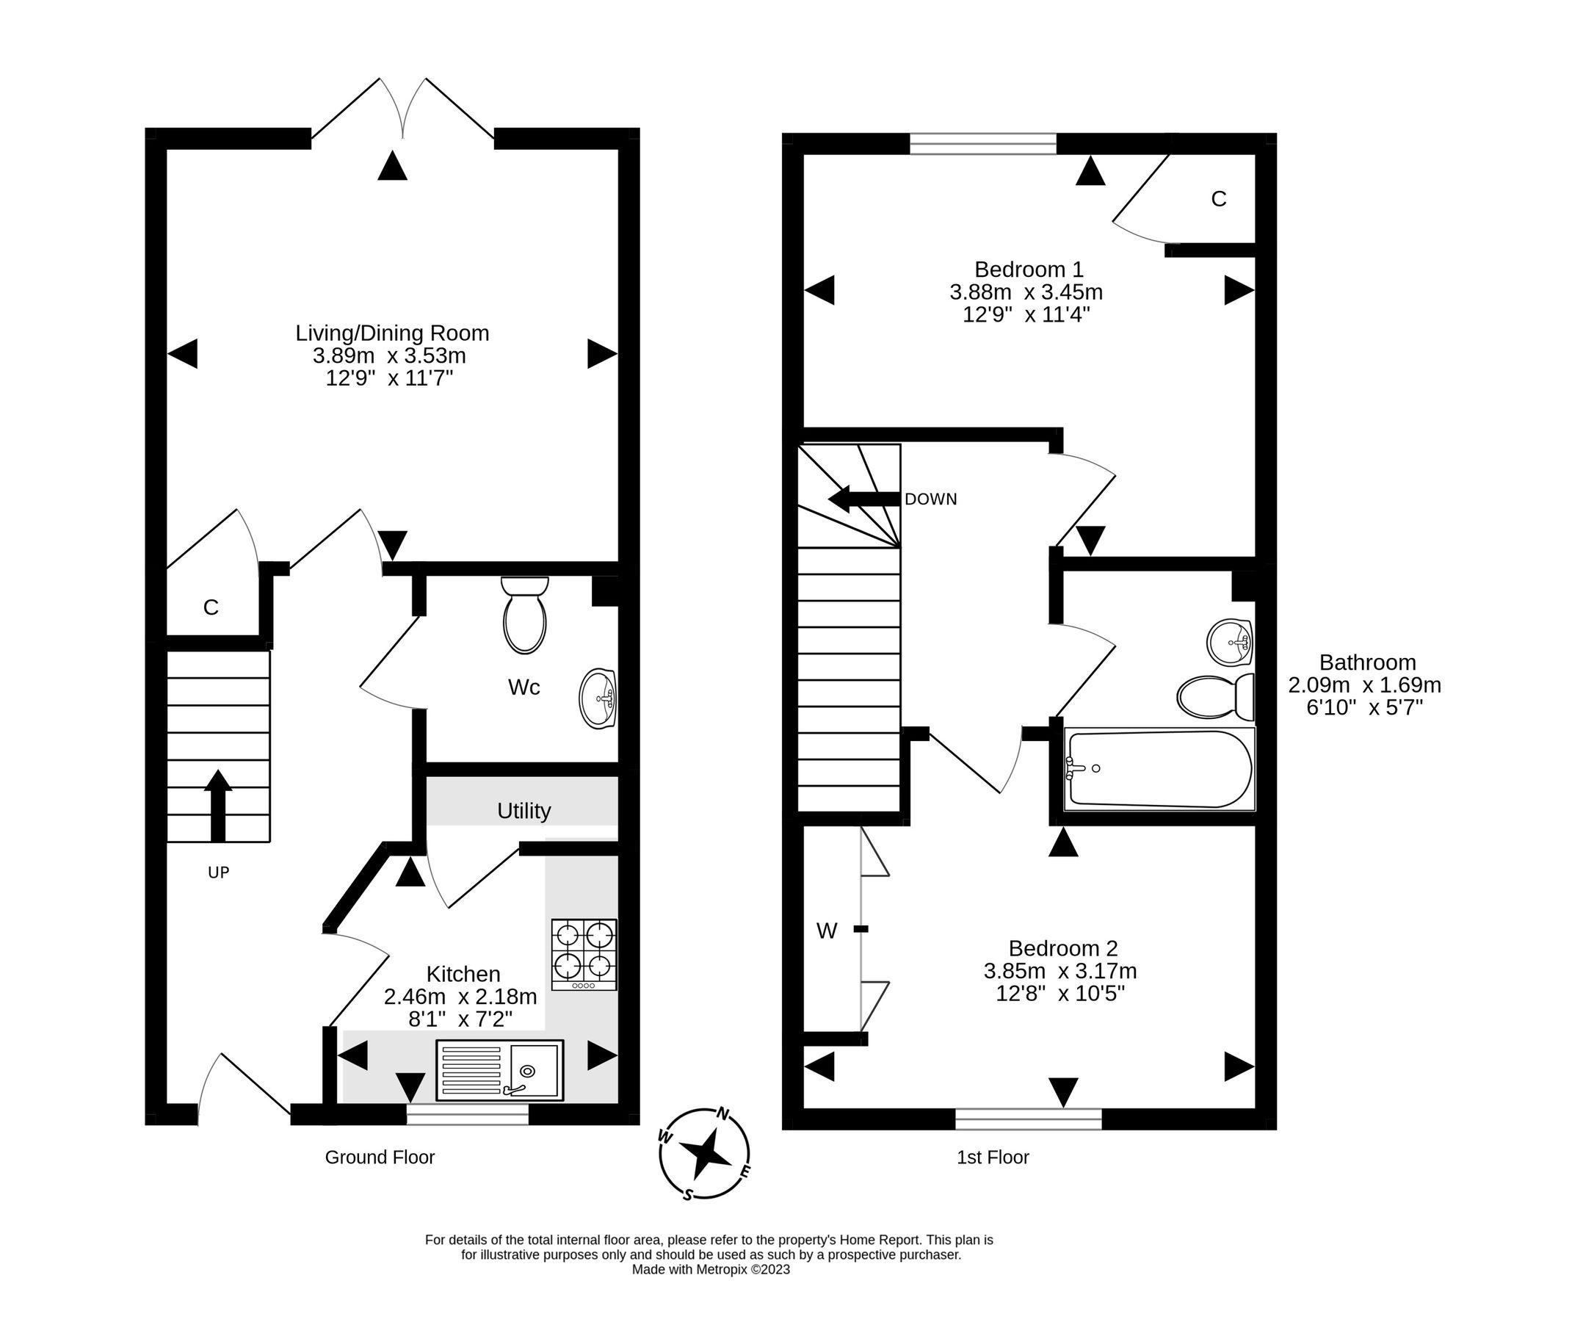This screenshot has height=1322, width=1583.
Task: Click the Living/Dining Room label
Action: pyautogui.click(x=392, y=333)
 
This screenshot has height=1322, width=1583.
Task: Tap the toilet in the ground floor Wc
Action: pyautogui.click(x=525, y=615)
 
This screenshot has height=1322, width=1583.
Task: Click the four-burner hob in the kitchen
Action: pyautogui.click(x=584, y=954)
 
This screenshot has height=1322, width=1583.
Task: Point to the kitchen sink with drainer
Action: pyautogui.click(x=499, y=1070)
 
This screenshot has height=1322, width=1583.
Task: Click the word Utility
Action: pyautogui.click(x=524, y=811)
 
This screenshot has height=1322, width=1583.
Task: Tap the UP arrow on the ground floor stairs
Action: pyautogui.click(x=218, y=806)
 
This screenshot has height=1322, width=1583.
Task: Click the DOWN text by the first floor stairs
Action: pyautogui.click(x=930, y=499)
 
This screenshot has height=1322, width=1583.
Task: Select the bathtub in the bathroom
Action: pyautogui.click(x=1159, y=768)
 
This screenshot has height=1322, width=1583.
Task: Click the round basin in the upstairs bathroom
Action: pyautogui.click(x=1229, y=642)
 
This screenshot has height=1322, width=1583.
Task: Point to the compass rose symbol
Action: pyautogui.click(x=704, y=1153)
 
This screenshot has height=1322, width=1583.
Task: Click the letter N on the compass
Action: pyautogui.click(x=722, y=1113)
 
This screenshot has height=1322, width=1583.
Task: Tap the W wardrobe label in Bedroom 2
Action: pyautogui.click(x=826, y=931)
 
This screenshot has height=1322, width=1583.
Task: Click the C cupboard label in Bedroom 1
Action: pyautogui.click(x=1218, y=198)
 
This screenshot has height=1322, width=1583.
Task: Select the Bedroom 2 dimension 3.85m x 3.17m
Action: pyautogui.click(x=1059, y=971)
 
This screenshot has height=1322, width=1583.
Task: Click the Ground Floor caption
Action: pyautogui.click(x=379, y=1157)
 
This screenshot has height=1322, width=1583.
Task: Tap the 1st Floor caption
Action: pyautogui.click(x=992, y=1157)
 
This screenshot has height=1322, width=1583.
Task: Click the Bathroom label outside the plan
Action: pyautogui.click(x=1366, y=662)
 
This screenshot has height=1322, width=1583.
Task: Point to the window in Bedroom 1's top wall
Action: pyautogui.click(x=983, y=143)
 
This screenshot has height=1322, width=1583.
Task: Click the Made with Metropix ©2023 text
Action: pyautogui.click(x=710, y=1269)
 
